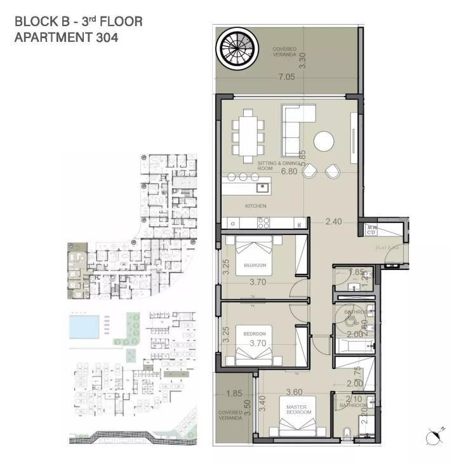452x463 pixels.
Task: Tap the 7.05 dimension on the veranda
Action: (x=287, y=77)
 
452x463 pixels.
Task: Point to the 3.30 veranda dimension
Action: (x=303, y=60)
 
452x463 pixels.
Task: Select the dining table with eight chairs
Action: (x=246, y=135)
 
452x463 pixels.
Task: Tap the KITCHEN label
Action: (x=255, y=206)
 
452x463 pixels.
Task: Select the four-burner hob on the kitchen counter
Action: (x=263, y=223)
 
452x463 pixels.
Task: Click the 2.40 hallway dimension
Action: (x=333, y=222)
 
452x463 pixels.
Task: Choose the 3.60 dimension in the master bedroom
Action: (x=294, y=392)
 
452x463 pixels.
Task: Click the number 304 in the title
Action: (x=104, y=37)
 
